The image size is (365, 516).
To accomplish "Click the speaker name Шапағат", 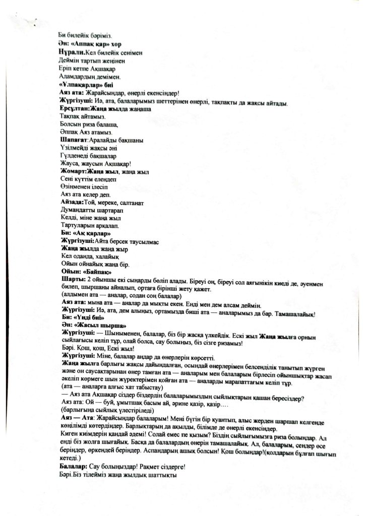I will click(73, 139).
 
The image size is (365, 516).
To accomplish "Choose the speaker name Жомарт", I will click(73, 171).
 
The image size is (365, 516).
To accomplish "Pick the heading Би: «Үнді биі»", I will click(82, 318).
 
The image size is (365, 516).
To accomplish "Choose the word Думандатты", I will click(78, 210).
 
